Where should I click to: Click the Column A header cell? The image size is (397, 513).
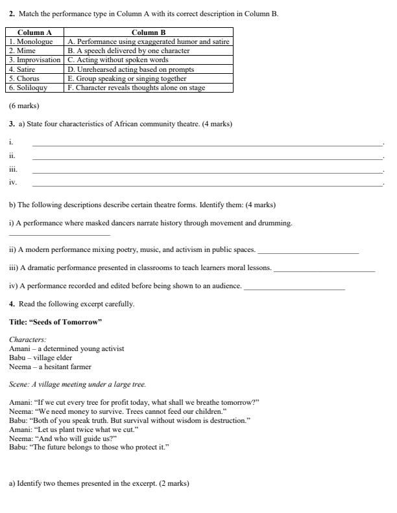(35, 32)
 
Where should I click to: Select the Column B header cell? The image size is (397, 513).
(149, 32)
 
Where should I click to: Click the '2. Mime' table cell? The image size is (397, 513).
(35, 51)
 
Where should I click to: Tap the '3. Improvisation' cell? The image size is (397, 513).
(35, 60)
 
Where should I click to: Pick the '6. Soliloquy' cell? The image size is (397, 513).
(35, 87)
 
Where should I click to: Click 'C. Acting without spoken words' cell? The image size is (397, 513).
(149, 60)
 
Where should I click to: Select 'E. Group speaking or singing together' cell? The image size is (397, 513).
(149, 78)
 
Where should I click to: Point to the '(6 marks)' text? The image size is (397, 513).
(24, 106)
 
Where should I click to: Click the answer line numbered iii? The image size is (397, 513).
(207, 171)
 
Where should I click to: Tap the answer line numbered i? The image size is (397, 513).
(207, 144)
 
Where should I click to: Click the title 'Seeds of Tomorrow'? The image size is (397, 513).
(56, 322)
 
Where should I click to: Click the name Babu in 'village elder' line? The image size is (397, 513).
(18, 358)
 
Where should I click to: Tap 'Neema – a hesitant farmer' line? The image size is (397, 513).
(50, 367)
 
